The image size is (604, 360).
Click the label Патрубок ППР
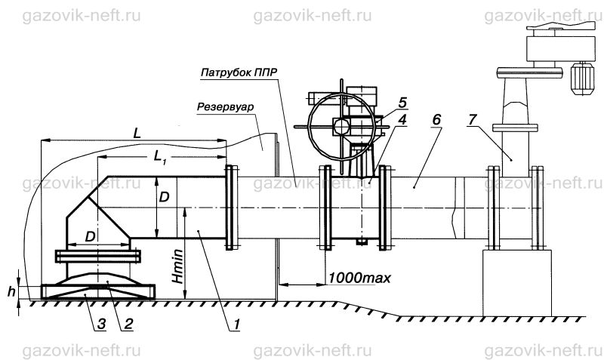coord(239,72)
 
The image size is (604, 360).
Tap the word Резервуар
coord(225,106)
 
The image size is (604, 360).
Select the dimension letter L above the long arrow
coord(137,134)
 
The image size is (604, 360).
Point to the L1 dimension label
coord(160,157)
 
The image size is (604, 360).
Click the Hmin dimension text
coord(177,266)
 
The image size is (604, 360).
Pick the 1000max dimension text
coord(359,277)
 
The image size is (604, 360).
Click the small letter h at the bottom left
coord(12,291)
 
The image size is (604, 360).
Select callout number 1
coord(236,325)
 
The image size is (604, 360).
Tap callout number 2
coord(128,325)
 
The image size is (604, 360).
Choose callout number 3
coord(101,325)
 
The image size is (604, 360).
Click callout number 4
coord(402,120)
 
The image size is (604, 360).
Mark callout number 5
coord(402,103)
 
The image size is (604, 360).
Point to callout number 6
coord(436,120)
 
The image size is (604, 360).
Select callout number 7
coord(473,120)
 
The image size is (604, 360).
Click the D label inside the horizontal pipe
coord(164,198)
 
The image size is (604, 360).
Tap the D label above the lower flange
coord(90,237)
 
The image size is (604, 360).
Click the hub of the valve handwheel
coord(342,125)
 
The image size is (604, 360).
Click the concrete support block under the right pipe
coord(517,283)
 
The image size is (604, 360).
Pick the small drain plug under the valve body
coord(362,242)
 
